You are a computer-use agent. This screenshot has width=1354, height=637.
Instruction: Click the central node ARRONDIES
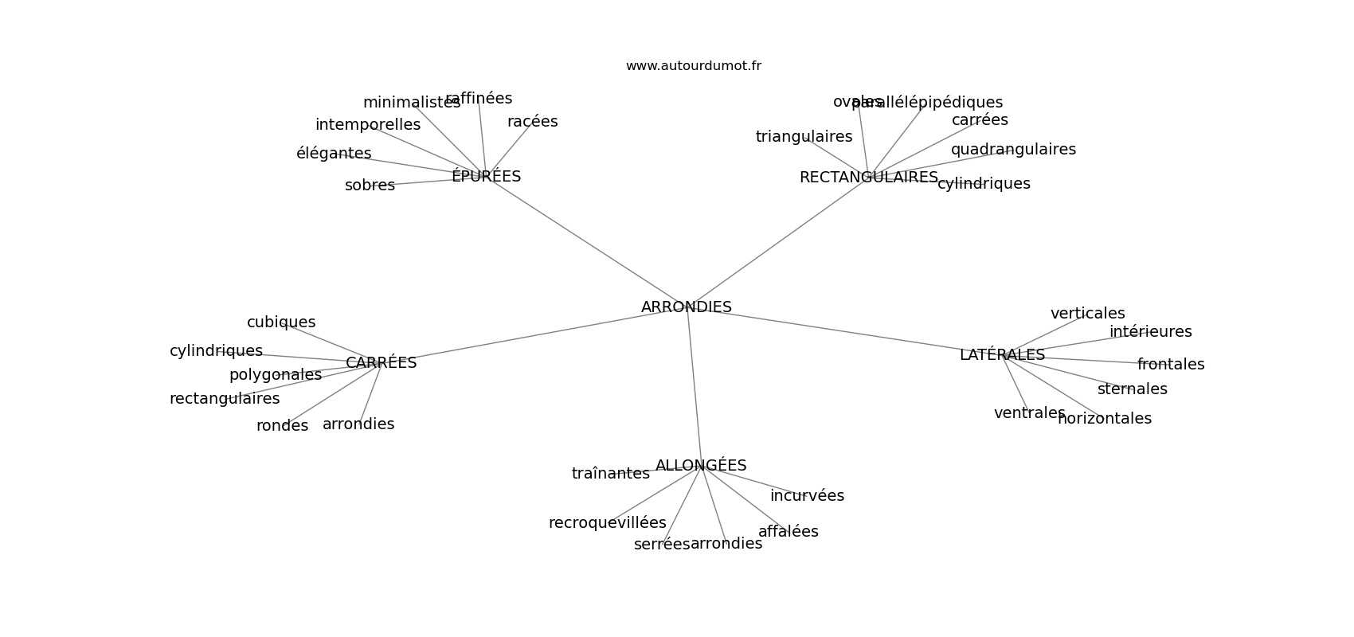tap(686, 307)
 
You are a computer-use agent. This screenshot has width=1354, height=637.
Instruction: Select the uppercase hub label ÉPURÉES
tap(486, 176)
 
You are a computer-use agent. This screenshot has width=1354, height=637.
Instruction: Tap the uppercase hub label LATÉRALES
tap(1002, 354)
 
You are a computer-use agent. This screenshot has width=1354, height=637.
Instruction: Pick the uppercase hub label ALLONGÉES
tap(701, 465)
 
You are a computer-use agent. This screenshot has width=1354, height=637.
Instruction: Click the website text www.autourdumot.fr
tap(693, 66)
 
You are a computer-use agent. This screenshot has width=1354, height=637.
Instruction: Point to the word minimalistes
tap(411, 102)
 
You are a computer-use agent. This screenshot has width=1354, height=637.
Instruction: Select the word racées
tap(532, 121)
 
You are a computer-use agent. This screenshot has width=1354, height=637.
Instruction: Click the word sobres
tap(370, 185)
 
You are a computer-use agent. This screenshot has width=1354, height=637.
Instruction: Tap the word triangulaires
tap(804, 136)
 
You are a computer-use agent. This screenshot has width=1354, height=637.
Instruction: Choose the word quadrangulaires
tap(1013, 149)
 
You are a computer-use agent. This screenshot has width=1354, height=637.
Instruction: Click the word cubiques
tap(281, 322)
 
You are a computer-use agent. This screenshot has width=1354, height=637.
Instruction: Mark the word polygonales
tap(276, 374)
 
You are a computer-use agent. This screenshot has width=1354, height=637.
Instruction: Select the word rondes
tap(282, 425)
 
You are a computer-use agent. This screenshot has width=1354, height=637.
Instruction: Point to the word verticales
tap(1087, 313)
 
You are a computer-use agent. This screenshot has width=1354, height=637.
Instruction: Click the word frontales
tap(1171, 364)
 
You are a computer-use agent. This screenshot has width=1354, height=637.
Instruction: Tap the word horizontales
tap(1105, 418)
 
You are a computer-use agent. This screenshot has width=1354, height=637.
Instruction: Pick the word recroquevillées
tap(607, 522)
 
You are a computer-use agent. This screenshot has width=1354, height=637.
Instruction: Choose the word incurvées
tap(807, 495)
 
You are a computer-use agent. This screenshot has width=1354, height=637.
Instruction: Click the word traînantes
tap(610, 473)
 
